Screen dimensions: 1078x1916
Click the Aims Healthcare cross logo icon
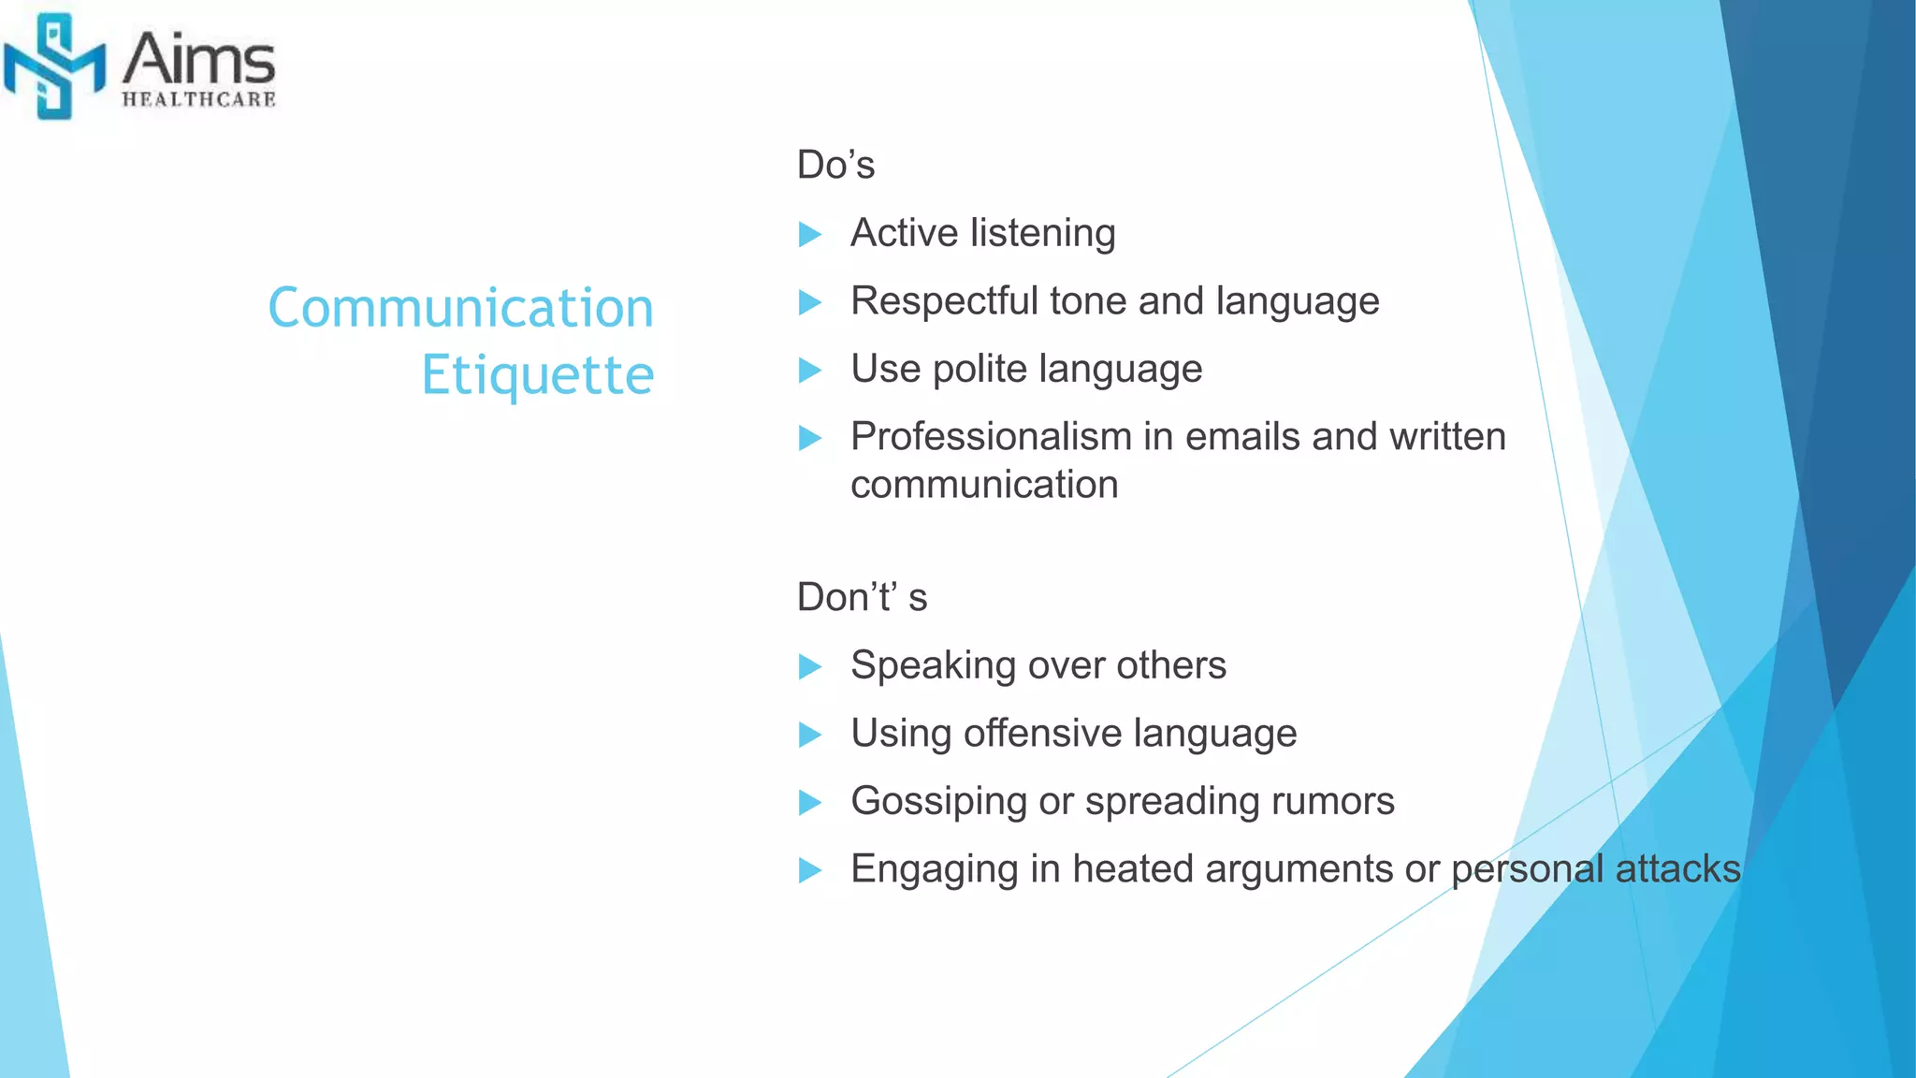(x=53, y=66)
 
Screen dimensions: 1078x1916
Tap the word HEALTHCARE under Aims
(x=198, y=99)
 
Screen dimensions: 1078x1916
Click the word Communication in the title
(x=460, y=308)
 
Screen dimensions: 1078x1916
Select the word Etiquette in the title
(x=537, y=375)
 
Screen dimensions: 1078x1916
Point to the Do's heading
(x=835, y=165)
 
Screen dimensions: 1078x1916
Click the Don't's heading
(x=862, y=597)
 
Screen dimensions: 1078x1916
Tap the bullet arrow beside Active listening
(x=810, y=234)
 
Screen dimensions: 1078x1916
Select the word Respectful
(x=944, y=301)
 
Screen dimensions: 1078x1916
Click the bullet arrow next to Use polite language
(x=810, y=371)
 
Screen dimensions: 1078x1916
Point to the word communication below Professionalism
(x=984, y=485)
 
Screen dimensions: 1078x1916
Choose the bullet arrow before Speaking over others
(x=810, y=667)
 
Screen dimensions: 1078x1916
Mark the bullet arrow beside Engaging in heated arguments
(x=810, y=871)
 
